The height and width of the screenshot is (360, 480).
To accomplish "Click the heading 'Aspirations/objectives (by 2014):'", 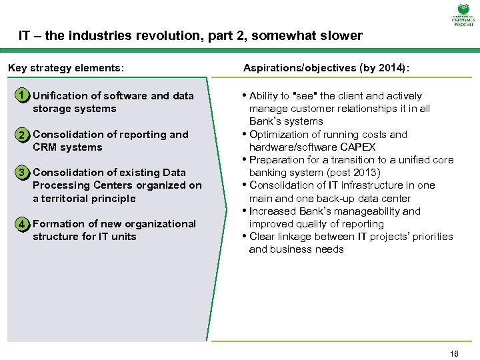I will pyautogui.click(x=327, y=68).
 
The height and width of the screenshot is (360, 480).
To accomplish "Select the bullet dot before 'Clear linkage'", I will pyautogui.click(x=245, y=236).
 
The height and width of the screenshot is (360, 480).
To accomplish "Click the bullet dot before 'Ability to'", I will pyautogui.click(x=245, y=95).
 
